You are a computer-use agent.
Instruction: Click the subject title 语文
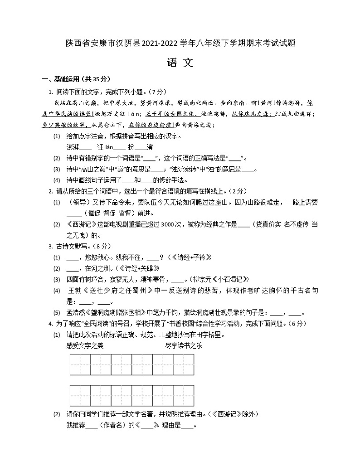pyautogui.click(x=180, y=63)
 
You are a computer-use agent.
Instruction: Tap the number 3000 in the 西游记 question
pyautogui.click(x=166, y=223)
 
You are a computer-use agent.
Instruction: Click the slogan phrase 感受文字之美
pyautogui.click(x=85, y=346)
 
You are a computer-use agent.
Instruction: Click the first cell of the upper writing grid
pyautogui.click(x=80, y=365)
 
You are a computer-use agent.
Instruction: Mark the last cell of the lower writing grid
pyautogui.click(x=184, y=395)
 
